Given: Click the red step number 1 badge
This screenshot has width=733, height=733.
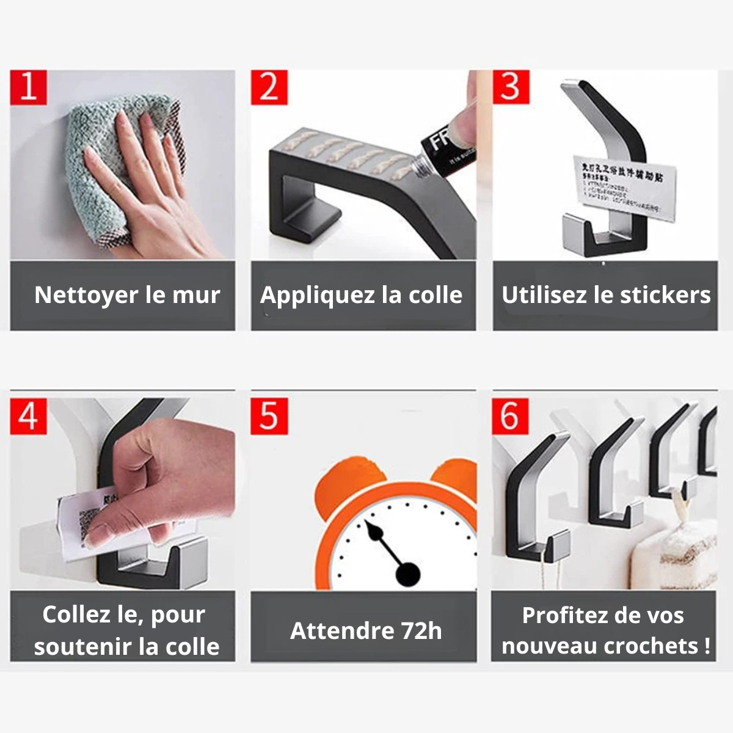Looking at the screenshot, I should coord(28,87).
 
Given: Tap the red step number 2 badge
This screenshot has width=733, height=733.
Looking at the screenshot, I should coord(269,87).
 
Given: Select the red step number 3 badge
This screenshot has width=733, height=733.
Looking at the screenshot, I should coord(511,87).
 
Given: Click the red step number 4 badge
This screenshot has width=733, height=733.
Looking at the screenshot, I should coord(28,417).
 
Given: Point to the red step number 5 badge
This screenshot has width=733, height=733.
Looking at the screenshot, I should coord(269,417).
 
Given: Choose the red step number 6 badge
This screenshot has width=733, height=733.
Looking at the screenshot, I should coord(510,417).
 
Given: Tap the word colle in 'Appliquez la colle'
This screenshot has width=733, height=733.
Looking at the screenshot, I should coord(436,295).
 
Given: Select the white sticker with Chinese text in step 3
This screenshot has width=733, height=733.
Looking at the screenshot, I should coord(617,183).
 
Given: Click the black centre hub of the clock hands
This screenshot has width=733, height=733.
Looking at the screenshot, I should coord(407,575).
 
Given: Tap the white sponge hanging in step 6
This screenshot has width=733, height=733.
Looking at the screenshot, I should coord(672,556).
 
